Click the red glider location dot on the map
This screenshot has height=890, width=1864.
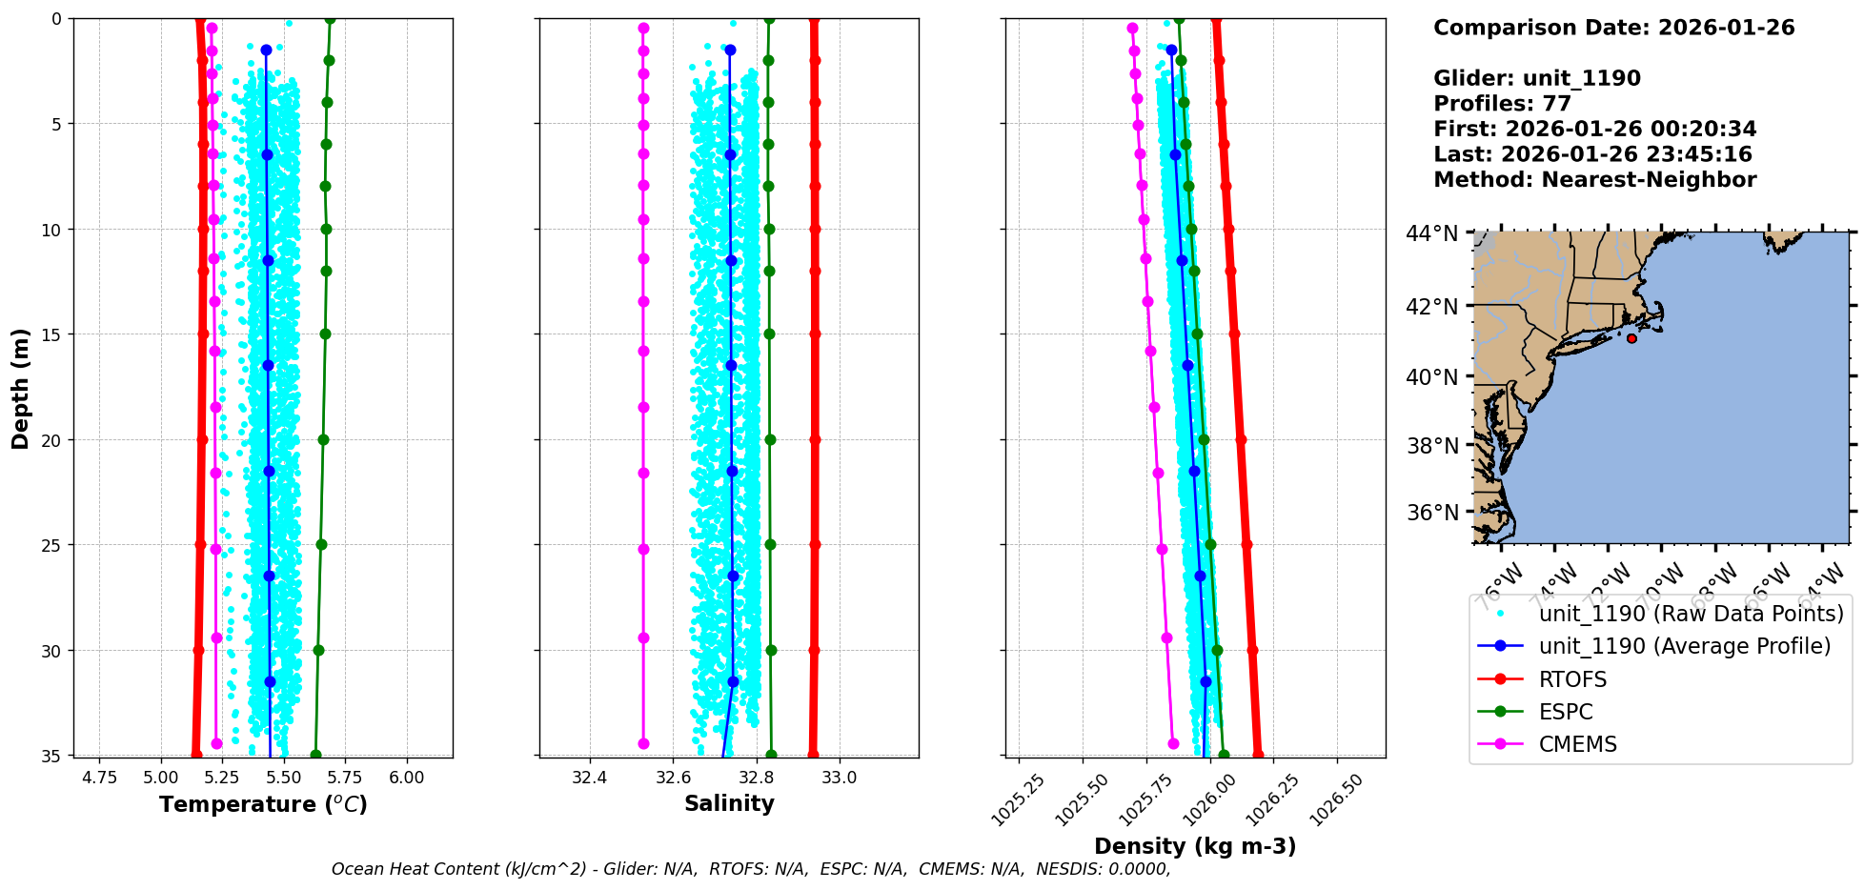(x=1631, y=338)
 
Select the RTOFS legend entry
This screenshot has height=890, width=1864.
(x=1572, y=679)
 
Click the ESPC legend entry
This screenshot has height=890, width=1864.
(x=1566, y=712)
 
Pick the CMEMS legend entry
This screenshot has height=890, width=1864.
(x=1577, y=744)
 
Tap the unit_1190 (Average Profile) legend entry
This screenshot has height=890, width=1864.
(x=1684, y=646)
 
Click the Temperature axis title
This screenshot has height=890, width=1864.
(x=263, y=804)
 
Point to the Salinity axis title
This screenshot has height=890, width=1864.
(x=729, y=803)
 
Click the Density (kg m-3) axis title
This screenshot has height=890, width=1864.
(x=1195, y=846)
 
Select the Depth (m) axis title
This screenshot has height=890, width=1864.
(x=21, y=388)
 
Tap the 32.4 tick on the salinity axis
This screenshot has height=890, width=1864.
(x=589, y=778)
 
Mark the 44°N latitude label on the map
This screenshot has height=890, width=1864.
(x=1432, y=233)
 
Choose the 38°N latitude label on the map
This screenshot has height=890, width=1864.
(x=1432, y=446)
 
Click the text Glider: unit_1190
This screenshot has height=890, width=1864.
(x=1536, y=78)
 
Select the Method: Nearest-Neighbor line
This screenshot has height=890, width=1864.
(x=1594, y=179)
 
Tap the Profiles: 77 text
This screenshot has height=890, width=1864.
(x=1502, y=103)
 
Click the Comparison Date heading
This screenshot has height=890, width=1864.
(x=1613, y=28)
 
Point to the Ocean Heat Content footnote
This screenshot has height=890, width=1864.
(x=750, y=869)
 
